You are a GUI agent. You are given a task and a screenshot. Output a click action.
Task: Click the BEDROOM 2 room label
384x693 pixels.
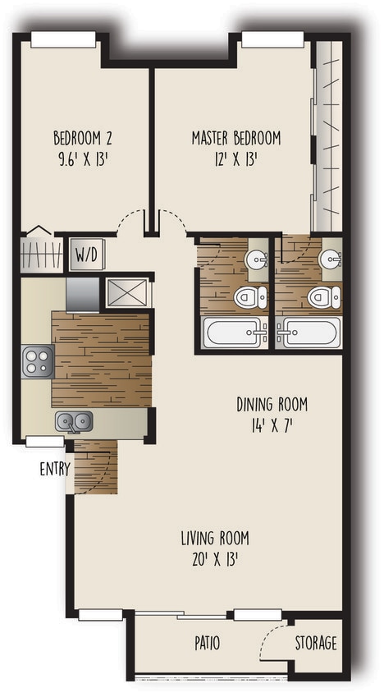click(x=81, y=136)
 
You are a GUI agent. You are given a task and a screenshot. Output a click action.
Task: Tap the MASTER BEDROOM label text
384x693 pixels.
click(x=236, y=137)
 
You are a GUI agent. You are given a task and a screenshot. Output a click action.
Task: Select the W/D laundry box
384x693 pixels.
click(x=86, y=255)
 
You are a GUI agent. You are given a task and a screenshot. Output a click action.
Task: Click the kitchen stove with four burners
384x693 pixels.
click(x=37, y=361)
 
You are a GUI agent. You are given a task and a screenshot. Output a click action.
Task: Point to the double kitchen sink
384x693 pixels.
click(x=74, y=422)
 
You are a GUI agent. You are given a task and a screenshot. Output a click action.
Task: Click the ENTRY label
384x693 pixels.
click(x=53, y=470)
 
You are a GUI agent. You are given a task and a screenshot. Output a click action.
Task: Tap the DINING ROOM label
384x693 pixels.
click(x=272, y=404)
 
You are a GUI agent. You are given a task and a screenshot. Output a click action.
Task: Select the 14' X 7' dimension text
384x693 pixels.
click(x=272, y=426)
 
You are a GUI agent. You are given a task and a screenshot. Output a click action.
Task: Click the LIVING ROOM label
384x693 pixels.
click(x=215, y=539)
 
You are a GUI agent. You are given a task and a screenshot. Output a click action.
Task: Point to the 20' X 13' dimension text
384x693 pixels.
click(x=215, y=561)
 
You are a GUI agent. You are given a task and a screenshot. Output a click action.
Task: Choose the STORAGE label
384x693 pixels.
click(x=316, y=643)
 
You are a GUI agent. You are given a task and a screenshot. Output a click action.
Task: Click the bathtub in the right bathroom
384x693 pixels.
click(x=307, y=333)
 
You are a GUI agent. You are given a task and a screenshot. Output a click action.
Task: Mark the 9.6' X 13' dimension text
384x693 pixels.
click(x=81, y=158)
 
